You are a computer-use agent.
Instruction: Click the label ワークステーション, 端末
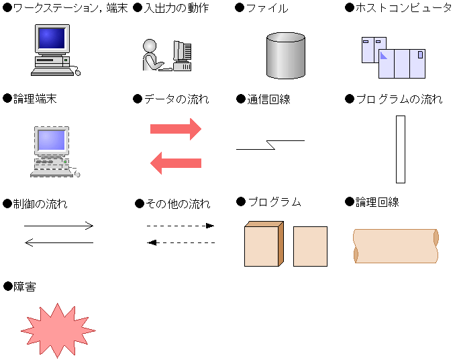point(70,8)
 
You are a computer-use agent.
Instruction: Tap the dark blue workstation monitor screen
point(52,38)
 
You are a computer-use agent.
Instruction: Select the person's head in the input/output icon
point(150,46)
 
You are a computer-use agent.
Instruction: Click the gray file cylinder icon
point(286,56)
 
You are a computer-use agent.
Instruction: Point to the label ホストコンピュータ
point(403,8)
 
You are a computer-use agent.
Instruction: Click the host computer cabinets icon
point(393,58)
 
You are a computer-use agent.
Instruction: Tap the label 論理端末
point(35,99)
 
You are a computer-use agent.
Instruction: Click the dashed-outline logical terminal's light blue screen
point(51,140)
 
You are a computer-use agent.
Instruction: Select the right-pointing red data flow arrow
point(176,129)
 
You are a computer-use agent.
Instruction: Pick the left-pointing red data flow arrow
point(176,163)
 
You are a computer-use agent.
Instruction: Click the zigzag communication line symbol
point(270,145)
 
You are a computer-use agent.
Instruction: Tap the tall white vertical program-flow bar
point(401,149)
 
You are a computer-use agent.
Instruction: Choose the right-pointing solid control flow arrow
point(58,226)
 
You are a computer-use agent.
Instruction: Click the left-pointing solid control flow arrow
point(59,242)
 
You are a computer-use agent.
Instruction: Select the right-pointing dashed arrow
point(181,226)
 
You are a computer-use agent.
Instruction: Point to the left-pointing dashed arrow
point(181,242)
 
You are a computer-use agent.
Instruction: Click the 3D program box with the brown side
point(264,244)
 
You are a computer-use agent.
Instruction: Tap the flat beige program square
point(311,246)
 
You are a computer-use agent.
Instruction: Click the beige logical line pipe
point(396,246)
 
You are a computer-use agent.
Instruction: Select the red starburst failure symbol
point(58,330)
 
